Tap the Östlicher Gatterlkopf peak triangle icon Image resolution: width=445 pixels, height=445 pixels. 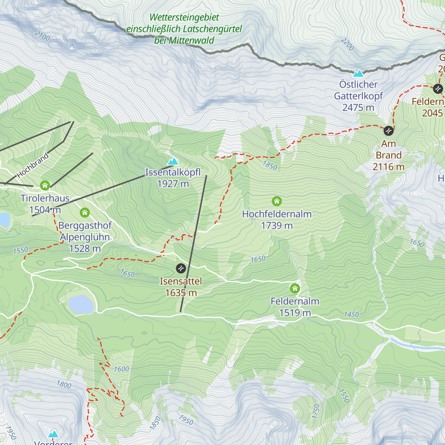click(358, 73)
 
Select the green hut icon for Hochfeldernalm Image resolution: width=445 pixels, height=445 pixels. click(277, 201)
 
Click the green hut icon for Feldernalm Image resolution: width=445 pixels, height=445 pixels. click(295, 288)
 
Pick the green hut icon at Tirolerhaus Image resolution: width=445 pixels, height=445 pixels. click(45, 185)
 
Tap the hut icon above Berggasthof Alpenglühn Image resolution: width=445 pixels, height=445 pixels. click(85, 212)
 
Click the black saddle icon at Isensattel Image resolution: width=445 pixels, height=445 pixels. click(181, 268)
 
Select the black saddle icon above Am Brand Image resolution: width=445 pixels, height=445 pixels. click(388, 131)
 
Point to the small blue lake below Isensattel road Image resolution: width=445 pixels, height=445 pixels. click(80, 304)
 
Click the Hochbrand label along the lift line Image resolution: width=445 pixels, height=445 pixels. click(33, 165)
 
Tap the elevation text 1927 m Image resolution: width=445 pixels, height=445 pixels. click(173, 184)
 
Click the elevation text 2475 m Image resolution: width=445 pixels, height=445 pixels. click(358, 108)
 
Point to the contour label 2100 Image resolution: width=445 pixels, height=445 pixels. click(42, 36)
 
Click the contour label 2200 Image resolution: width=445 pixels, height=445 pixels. click(347, 44)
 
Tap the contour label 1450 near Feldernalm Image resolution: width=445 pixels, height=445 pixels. click(351, 314)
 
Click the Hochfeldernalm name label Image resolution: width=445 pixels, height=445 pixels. click(277, 214)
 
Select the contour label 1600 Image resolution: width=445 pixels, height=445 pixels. click(121, 369)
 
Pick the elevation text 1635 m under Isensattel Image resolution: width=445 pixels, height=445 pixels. click(181, 293)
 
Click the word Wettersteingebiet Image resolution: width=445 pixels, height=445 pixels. click(184, 17)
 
